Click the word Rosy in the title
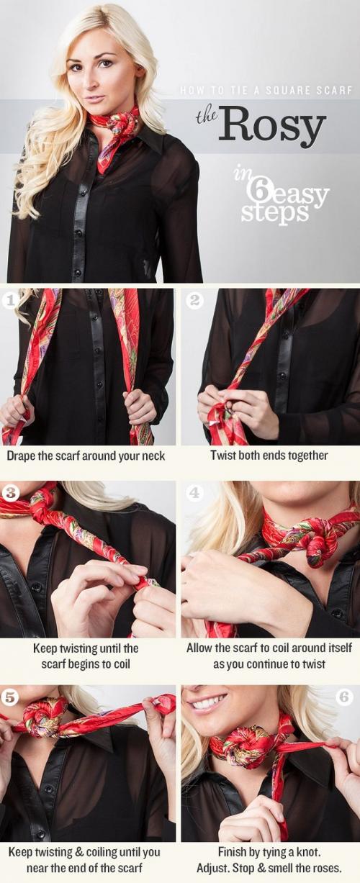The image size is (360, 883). pos(271,125)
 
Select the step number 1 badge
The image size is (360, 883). pos(9,301)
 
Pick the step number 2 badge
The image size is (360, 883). pos(194,301)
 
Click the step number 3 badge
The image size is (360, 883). pos(9,492)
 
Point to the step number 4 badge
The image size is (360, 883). pos(194,492)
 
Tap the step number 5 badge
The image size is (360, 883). pos(9,697)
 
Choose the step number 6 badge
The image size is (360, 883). pos(344,697)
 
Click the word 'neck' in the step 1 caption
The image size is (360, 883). pos(153,456)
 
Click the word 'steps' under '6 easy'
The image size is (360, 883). pos(274,212)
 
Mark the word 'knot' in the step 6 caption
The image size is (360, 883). pos(308,851)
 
